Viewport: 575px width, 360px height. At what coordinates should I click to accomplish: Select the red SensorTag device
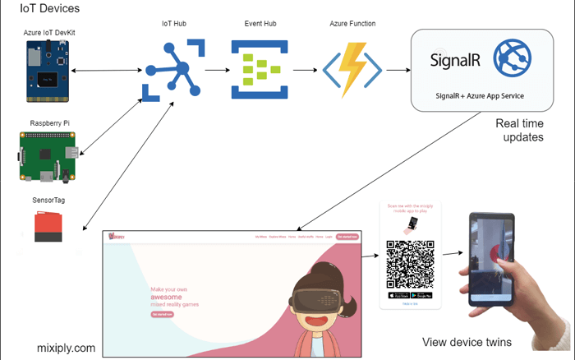(48, 227)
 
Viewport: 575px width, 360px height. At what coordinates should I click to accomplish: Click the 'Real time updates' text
(519, 131)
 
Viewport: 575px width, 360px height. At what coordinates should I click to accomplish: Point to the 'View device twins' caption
(467, 342)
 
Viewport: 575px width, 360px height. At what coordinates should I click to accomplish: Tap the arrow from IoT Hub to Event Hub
(216, 70)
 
